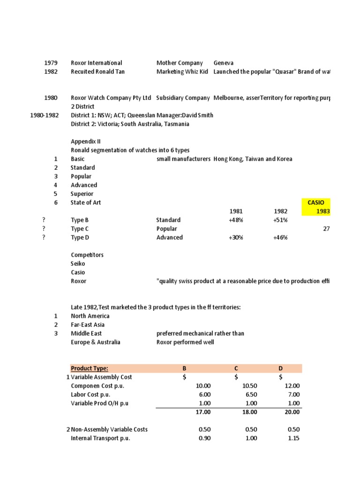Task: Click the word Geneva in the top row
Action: pos(224,63)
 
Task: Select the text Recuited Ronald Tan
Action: pos(97,72)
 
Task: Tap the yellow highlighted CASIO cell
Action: pos(316,202)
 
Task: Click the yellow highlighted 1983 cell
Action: pos(322,211)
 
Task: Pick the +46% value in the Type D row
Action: pos(280,238)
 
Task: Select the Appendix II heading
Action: pos(85,142)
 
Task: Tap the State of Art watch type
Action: pos(86,202)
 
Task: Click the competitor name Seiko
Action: pos(78,264)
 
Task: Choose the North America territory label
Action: pos(90,316)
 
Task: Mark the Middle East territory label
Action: pos(86,333)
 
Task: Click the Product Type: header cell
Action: pos(89,368)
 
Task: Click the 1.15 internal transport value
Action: pos(293,438)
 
